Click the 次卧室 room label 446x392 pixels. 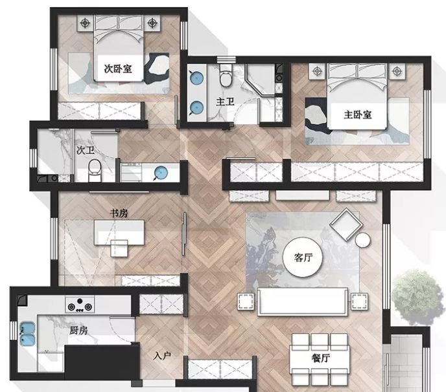click(x=118, y=69)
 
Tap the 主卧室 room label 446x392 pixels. click(x=358, y=114)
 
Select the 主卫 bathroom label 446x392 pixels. click(x=225, y=102)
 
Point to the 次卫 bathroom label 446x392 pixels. click(x=86, y=150)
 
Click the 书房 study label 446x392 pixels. click(x=119, y=213)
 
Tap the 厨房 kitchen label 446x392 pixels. click(x=78, y=331)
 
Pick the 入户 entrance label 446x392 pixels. click(x=162, y=356)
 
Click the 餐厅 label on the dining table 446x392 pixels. click(x=321, y=358)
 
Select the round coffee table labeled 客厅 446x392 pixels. click(x=303, y=257)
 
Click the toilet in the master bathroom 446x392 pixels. click(x=226, y=76)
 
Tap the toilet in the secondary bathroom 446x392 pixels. click(x=95, y=170)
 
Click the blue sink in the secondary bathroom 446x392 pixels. click(x=161, y=173)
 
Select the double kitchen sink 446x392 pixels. click(x=27, y=334)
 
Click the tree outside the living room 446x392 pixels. click(x=416, y=298)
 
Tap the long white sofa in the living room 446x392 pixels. click(x=303, y=301)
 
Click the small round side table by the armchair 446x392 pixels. click(x=362, y=240)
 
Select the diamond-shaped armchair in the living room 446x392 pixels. click(x=346, y=224)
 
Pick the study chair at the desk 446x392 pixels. click(x=119, y=248)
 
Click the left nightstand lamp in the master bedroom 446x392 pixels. click(x=317, y=71)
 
